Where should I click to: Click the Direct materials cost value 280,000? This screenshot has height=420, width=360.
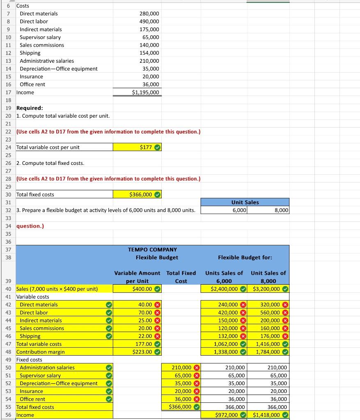tap(149, 14)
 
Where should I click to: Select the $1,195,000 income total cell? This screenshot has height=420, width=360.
tap(145, 92)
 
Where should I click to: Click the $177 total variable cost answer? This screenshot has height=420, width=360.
tap(146, 147)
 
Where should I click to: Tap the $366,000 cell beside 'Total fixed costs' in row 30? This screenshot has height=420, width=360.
tap(140, 194)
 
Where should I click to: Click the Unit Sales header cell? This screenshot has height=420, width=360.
tap(245, 202)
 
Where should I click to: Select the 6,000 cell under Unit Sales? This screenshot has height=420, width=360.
tap(239, 210)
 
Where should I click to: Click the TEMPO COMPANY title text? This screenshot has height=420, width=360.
tap(152, 249)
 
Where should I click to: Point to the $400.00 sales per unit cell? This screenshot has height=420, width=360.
tap(142, 289)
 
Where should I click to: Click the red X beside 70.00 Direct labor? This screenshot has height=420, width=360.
tap(157, 313)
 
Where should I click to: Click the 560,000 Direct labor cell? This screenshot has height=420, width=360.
tap(269, 313)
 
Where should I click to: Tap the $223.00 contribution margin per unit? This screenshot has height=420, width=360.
tap(142, 352)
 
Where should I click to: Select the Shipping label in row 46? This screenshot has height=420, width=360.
tap(30, 336)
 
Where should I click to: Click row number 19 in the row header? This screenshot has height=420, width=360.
tap(8, 108)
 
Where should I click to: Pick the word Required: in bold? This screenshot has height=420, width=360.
tap(30, 108)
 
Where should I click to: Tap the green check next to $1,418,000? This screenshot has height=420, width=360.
tap(285, 415)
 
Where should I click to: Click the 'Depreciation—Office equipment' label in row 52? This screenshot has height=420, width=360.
tap(59, 383)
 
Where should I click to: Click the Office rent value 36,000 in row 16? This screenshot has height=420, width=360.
tap(151, 84)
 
